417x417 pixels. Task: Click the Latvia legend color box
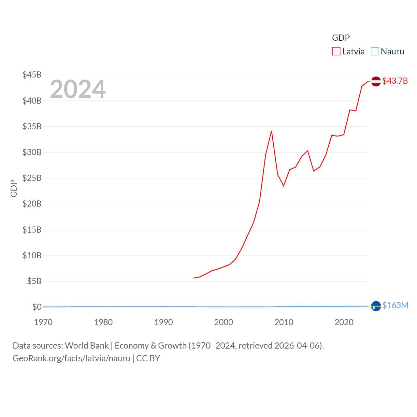[x=336, y=51]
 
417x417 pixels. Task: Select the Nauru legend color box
[x=375, y=51]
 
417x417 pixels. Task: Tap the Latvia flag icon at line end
[x=376, y=81]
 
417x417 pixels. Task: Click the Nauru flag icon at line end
[x=376, y=306]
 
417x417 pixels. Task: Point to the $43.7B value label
[x=395, y=81]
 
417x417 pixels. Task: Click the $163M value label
[x=395, y=305]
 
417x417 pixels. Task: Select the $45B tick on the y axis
[x=32, y=75]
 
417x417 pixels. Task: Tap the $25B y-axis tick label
[x=32, y=178]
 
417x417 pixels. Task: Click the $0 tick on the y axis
[x=37, y=307]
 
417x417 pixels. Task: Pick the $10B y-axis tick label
[x=32, y=255]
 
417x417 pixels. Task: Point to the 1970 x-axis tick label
[x=43, y=322]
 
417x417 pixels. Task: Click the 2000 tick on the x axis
[x=223, y=322]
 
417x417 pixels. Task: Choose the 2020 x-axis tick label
[x=344, y=322]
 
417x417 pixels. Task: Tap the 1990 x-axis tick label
[x=164, y=322]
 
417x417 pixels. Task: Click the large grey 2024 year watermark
[x=78, y=89]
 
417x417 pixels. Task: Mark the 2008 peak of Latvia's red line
[x=271, y=131]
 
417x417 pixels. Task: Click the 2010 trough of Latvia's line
[x=283, y=186]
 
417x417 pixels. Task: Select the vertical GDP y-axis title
[x=14, y=188]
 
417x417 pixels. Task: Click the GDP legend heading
[x=341, y=38]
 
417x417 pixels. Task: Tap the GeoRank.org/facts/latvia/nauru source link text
[x=71, y=358]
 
